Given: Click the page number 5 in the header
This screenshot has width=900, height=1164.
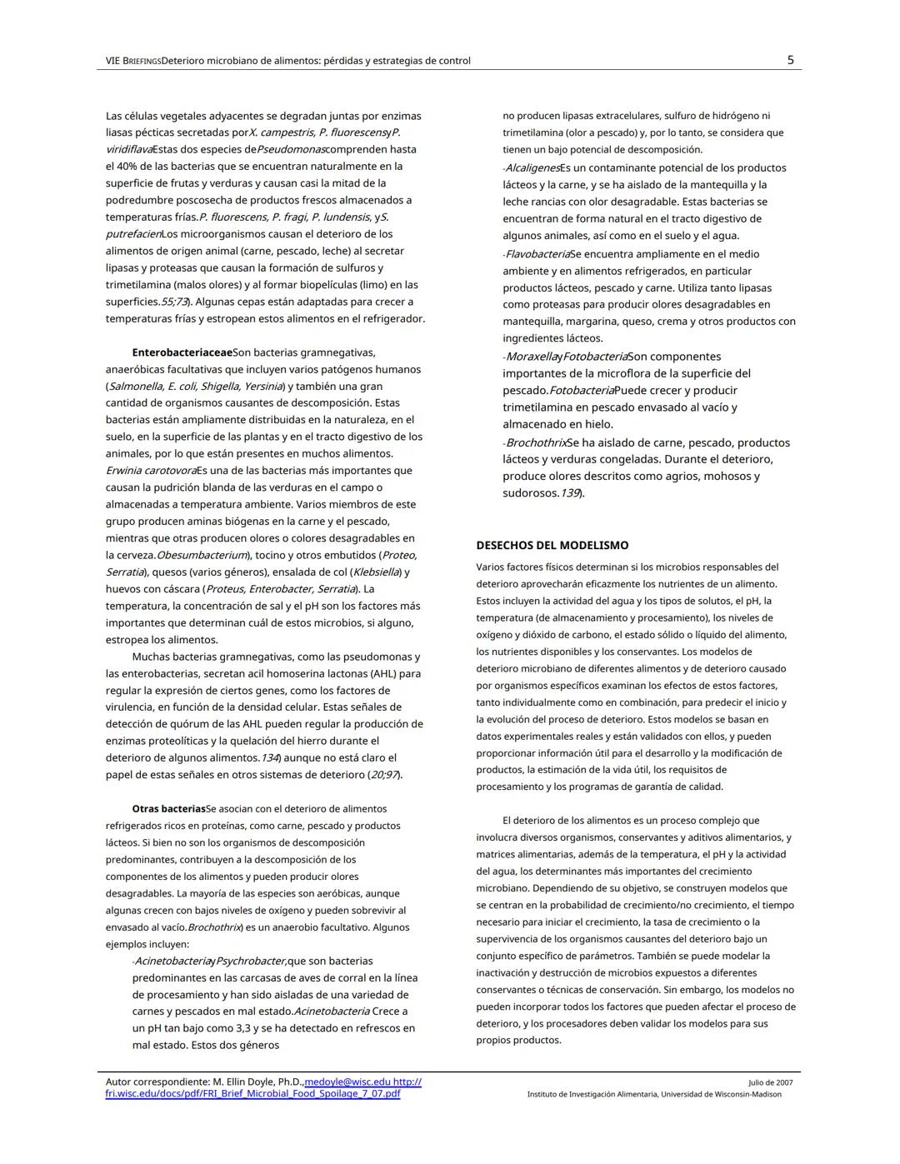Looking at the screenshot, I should coord(790,60).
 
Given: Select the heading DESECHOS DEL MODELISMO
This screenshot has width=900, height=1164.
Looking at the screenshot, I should coord(552,546).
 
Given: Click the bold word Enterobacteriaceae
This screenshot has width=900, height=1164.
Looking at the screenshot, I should coord(182,352).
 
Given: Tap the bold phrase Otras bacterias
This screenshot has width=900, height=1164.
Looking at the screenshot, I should coord(168,809).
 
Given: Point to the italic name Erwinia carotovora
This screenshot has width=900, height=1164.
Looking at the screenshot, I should coord(151,471).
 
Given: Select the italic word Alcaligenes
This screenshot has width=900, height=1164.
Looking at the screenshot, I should coord(532,168).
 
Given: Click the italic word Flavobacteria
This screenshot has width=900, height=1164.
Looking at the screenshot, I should coord(537,254).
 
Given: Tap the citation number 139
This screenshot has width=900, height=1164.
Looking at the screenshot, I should coord(569,493).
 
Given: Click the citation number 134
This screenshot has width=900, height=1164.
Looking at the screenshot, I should coord(268,758).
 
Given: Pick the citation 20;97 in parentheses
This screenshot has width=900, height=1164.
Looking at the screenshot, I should coord(383,775).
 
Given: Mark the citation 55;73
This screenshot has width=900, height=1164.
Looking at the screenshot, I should coord(172,302).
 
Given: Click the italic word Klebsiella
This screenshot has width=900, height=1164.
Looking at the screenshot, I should coord(376,572).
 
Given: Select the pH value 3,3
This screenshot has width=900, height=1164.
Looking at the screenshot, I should coord(221,1028).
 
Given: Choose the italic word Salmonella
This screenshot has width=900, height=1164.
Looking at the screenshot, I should coord(136,387).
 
